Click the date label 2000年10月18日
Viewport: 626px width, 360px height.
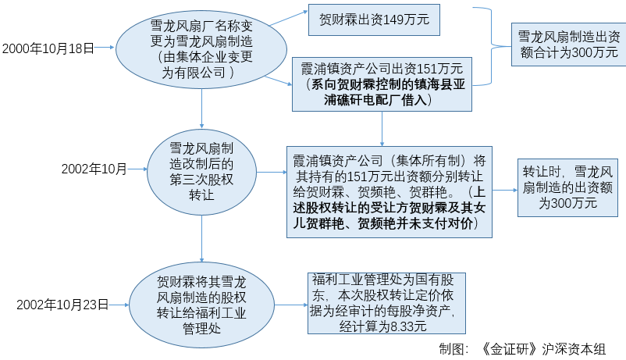click(48, 48)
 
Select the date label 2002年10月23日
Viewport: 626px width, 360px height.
click(62, 305)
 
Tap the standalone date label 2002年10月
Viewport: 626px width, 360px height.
click(94, 169)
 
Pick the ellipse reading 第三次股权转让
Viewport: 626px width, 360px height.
click(201, 172)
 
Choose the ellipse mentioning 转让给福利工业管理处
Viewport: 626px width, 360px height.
click(201, 305)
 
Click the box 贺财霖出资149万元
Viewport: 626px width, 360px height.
click(374, 20)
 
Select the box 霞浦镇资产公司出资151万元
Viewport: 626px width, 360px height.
click(382, 84)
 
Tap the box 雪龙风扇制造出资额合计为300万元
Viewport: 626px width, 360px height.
click(569, 45)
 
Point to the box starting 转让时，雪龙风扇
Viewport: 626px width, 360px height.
click(567, 187)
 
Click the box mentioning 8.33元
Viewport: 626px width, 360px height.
click(386, 303)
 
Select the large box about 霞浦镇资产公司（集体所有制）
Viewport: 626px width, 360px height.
click(389, 192)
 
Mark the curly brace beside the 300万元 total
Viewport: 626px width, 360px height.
click(491, 46)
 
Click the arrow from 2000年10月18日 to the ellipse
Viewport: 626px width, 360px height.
click(105, 48)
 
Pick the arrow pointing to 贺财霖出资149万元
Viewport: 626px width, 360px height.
click(289, 19)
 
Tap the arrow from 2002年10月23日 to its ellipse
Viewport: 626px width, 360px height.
click(119, 305)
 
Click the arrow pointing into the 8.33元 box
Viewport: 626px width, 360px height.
click(291, 305)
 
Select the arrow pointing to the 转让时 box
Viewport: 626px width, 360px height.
click(505, 191)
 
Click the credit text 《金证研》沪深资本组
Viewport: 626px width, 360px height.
click(543, 349)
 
